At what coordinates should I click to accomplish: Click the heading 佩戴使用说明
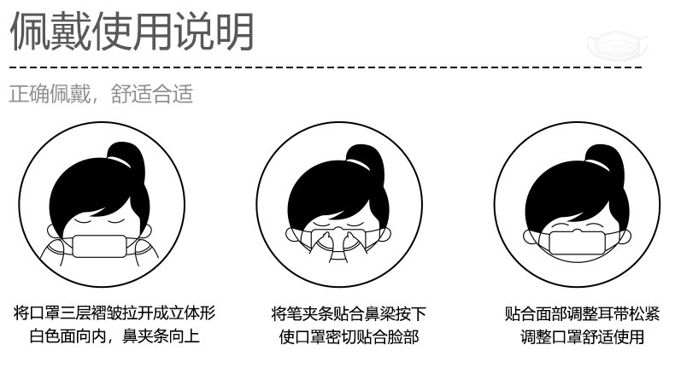click(132, 32)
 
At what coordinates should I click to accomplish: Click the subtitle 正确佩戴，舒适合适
click(101, 93)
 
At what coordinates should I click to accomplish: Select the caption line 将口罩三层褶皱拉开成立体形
click(114, 313)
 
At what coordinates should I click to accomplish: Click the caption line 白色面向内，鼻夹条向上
click(114, 336)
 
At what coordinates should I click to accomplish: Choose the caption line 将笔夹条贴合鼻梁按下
click(348, 313)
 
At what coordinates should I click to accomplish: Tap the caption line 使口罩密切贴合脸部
click(349, 336)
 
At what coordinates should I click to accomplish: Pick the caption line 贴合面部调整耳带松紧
click(582, 313)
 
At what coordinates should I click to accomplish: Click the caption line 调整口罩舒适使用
click(582, 336)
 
